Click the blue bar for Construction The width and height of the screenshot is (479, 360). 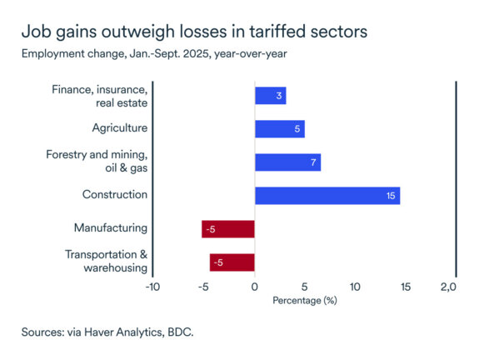(327, 195)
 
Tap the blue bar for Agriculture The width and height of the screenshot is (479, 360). (279, 128)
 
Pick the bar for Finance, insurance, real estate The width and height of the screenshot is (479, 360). (270, 95)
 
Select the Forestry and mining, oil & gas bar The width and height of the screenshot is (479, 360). (287, 162)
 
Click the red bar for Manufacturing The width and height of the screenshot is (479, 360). (227, 228)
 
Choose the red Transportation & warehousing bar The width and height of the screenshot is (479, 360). (232, 262)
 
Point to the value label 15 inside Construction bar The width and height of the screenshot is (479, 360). (391, 195)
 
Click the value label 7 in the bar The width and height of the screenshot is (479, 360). (313, 162)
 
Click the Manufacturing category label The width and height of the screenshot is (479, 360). (110, 227)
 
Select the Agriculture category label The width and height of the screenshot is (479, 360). (119, 127)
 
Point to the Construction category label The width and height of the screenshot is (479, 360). (114, 194)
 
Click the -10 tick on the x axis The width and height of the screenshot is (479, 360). (152, 287)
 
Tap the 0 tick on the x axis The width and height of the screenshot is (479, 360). (254, 287)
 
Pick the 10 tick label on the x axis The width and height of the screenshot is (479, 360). (355, 287)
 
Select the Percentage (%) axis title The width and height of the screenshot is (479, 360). (304, 300)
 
